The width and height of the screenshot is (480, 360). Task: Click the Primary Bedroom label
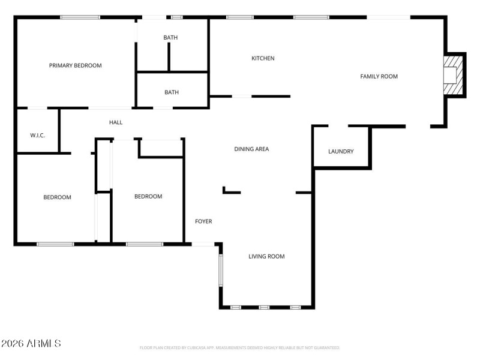[75, 65]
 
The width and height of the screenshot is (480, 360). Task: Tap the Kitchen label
[263, 58]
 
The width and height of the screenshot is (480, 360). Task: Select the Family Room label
[379, 76]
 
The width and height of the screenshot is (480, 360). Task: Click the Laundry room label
[341, 151]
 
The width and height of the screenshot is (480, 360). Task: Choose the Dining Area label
[251, 149]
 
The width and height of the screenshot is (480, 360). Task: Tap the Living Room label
[266, 256]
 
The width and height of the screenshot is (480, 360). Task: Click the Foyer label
[203, 221]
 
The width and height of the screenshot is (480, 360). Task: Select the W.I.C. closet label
[37, 135]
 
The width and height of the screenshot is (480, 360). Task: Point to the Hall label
[116, 122]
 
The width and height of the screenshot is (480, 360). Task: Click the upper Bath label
[170, 38]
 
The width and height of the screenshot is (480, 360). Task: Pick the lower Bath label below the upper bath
[172, 92]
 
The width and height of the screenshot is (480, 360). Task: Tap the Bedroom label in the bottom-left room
[57, 197]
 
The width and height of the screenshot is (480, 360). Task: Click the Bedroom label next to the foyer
[148, 196]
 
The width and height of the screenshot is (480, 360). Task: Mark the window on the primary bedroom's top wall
[80, 17]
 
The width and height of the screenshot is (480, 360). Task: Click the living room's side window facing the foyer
[220, 269]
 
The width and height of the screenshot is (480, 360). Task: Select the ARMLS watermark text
[31, 344]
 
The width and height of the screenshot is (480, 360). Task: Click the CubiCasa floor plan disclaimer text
[239, 347]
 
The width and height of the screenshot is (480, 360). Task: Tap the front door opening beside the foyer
[203, 244]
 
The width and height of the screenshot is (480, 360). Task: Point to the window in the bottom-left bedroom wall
[55, 244]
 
